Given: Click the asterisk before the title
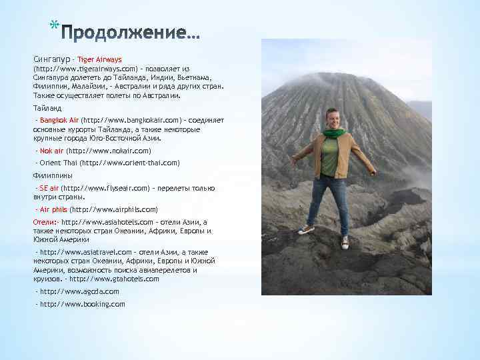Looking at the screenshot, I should (x=53, y=27).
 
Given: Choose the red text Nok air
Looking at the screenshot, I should (x=52, y=151).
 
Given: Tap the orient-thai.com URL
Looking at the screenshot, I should (x=129, y=163).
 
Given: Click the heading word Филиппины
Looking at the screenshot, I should (x=53, y=175).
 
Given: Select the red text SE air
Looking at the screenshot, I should (x=49, y=188).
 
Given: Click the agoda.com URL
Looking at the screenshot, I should (x=79, y=291).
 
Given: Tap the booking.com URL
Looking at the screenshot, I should (x=82, y=304).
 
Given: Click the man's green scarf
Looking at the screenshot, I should (x=333, y=133).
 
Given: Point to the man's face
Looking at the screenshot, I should (x=333, y=118).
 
